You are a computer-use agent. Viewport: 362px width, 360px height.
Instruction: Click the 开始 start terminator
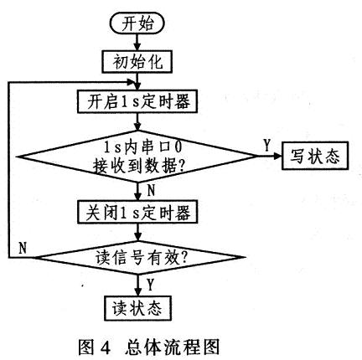137,23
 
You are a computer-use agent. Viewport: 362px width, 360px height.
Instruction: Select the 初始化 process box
137,62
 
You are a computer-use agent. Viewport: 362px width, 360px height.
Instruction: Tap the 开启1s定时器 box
137,101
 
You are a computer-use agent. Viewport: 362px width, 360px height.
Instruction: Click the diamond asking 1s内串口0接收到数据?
137,157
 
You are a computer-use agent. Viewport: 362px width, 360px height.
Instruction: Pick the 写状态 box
315,156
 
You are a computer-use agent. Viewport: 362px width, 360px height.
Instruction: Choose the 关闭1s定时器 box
137,212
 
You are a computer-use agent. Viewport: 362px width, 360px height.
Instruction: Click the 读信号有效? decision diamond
138,257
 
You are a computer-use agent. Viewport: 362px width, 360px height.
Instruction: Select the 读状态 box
137,308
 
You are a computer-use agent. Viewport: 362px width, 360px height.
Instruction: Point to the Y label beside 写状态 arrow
267,146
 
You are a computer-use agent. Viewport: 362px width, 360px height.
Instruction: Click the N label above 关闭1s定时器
151,191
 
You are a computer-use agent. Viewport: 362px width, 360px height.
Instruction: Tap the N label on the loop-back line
23,248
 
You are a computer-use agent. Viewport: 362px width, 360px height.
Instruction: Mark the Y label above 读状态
151,285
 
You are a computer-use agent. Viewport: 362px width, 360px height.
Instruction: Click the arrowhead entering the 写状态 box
277,156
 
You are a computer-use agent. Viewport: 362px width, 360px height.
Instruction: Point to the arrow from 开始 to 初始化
137,43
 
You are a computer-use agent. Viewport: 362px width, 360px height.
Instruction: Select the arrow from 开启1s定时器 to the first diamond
137,121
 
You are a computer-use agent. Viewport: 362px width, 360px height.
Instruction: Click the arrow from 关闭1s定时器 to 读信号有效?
137,232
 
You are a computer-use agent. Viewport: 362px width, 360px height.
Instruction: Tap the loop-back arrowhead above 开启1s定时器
132,82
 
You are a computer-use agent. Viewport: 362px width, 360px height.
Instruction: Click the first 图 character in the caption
86,347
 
